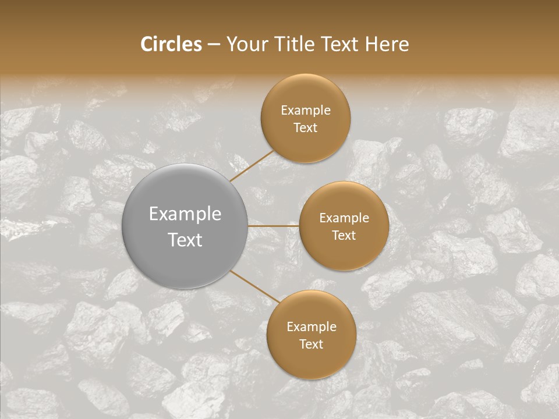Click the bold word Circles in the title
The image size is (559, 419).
171,44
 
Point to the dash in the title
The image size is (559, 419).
214,45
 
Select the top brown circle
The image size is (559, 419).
305,118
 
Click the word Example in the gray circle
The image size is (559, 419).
185,214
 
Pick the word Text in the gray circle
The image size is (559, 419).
185,240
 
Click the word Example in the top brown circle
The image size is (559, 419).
305,110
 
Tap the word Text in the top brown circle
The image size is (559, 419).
305,127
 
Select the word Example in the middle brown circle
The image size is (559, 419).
344,218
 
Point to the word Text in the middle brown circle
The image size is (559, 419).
344,235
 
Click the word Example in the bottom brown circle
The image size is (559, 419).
311,326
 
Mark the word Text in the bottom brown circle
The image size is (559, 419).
311,344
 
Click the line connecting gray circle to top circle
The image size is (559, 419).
251,166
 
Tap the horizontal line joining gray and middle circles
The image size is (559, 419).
273,226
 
